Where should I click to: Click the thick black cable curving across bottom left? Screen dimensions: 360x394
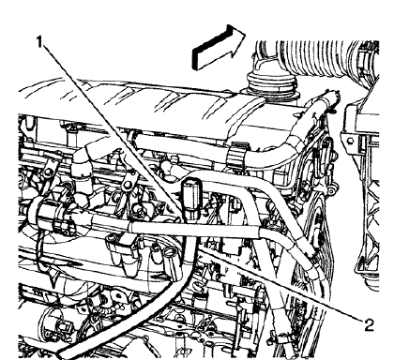(x=141, y=319)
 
